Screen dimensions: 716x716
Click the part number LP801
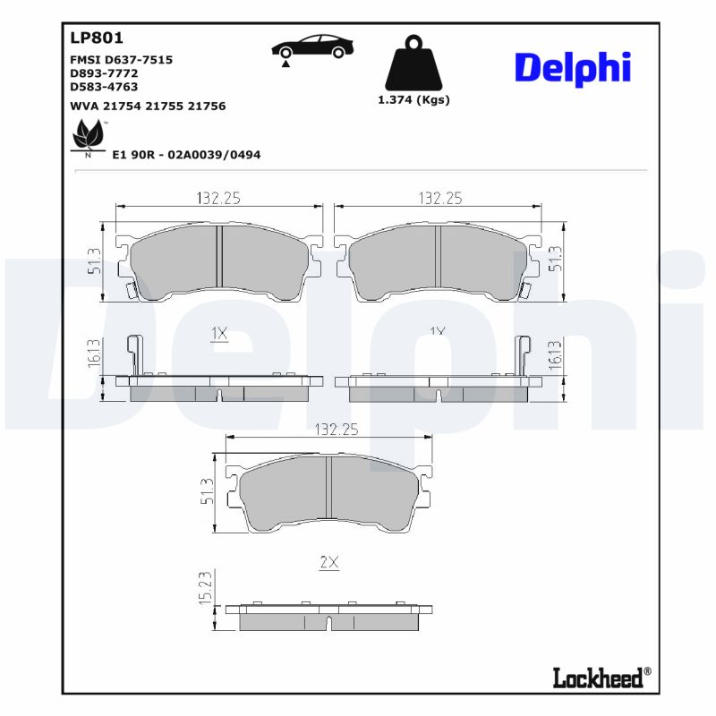pos(96,38)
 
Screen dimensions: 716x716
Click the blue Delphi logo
pos(573,68)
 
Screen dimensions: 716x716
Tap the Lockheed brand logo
pos(597,678)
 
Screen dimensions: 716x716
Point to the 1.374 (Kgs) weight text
pos(413,99)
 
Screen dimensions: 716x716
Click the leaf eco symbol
pos(88,136)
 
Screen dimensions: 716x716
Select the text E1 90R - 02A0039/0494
pos(186,155)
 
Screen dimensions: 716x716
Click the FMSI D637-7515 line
pos(121,59)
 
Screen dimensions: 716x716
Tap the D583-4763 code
pos(104,87)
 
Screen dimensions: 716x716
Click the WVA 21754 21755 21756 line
pos(148,106)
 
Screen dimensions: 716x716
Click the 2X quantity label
pos(329,562)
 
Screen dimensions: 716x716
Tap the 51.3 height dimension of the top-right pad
pos(556,259)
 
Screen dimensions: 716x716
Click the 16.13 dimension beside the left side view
pos(94,354)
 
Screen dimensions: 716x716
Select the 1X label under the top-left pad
pos(219,334)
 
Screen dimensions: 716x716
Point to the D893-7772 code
pos(104,73)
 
